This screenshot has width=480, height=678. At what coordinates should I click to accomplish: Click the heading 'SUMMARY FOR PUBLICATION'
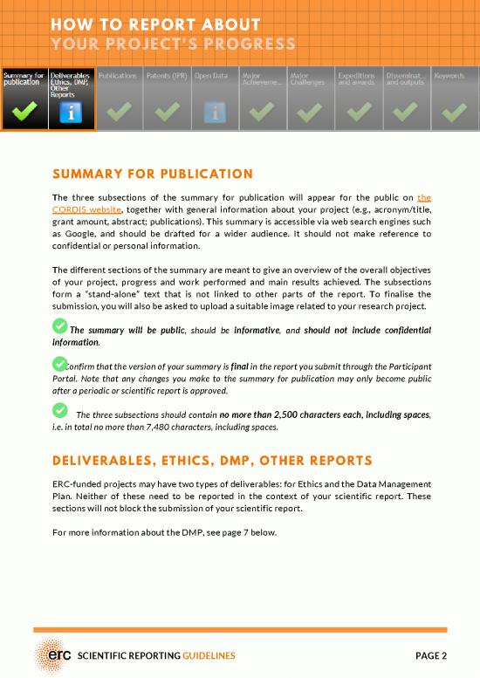coord(153,174)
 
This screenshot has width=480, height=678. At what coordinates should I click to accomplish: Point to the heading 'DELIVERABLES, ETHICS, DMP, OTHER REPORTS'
coord(212,460)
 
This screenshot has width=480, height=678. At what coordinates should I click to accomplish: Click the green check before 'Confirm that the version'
coord(59,363)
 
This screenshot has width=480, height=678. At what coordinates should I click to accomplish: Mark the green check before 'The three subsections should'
coord(59,412)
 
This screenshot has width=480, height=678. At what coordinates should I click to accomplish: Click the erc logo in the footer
coord(54,654)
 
